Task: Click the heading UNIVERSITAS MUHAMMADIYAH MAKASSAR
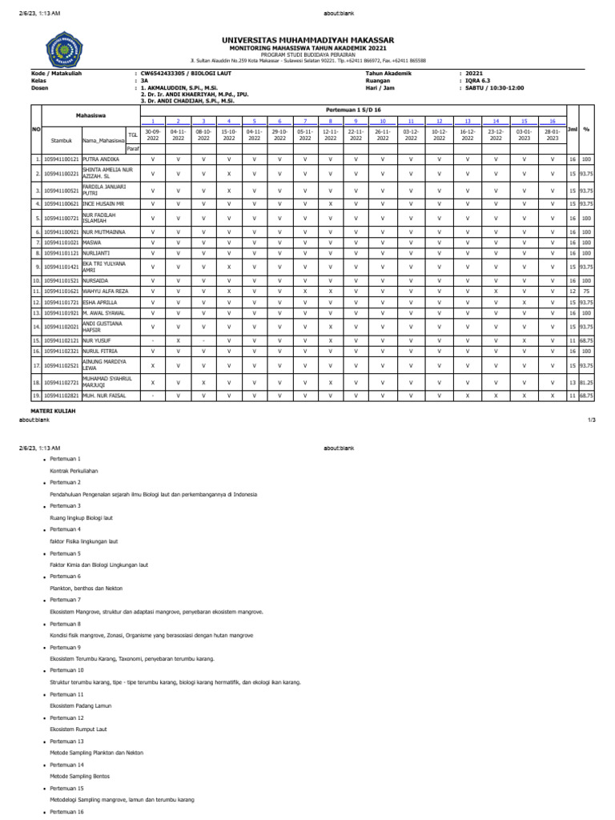tap(307, 40)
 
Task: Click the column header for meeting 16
tap(552, 120)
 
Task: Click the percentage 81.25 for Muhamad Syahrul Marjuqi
tap(587, 382)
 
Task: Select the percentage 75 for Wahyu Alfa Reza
tap(587, 291)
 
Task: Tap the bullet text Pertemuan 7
tap(66, 600)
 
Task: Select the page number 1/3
tap(592, 420)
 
